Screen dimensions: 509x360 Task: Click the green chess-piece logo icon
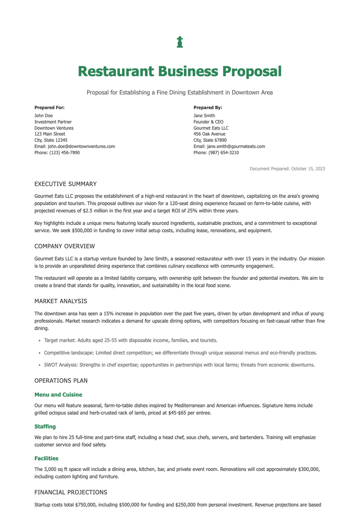pyautogui.click(x=180, y=42)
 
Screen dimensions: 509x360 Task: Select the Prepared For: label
pyautogui.click(x=49, y=107)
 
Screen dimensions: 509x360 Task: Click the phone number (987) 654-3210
pyautogui.click(x=223, y=153)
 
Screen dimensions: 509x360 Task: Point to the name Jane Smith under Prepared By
pyautogui.click(x=204, y=115)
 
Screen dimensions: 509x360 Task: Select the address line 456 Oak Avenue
pyautogui.click(x=209, y=134)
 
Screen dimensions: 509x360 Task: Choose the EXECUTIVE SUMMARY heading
pyautogui.click(x=65, y=184)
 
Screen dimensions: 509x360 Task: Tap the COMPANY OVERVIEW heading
pyautogui.click(x=64, y=246)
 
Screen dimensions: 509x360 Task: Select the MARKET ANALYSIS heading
pyautogui.click(x=61, y=301)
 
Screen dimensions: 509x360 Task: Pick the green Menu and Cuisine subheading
pyautogui.click(x=58, y=395)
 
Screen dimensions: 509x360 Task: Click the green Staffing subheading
pyautogui.click(x=45, y=427)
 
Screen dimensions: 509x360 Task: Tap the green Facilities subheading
pyautogui.click(x=46, y=458)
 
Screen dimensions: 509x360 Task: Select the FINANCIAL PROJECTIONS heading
pyautogui.click(x=70, y=492)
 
